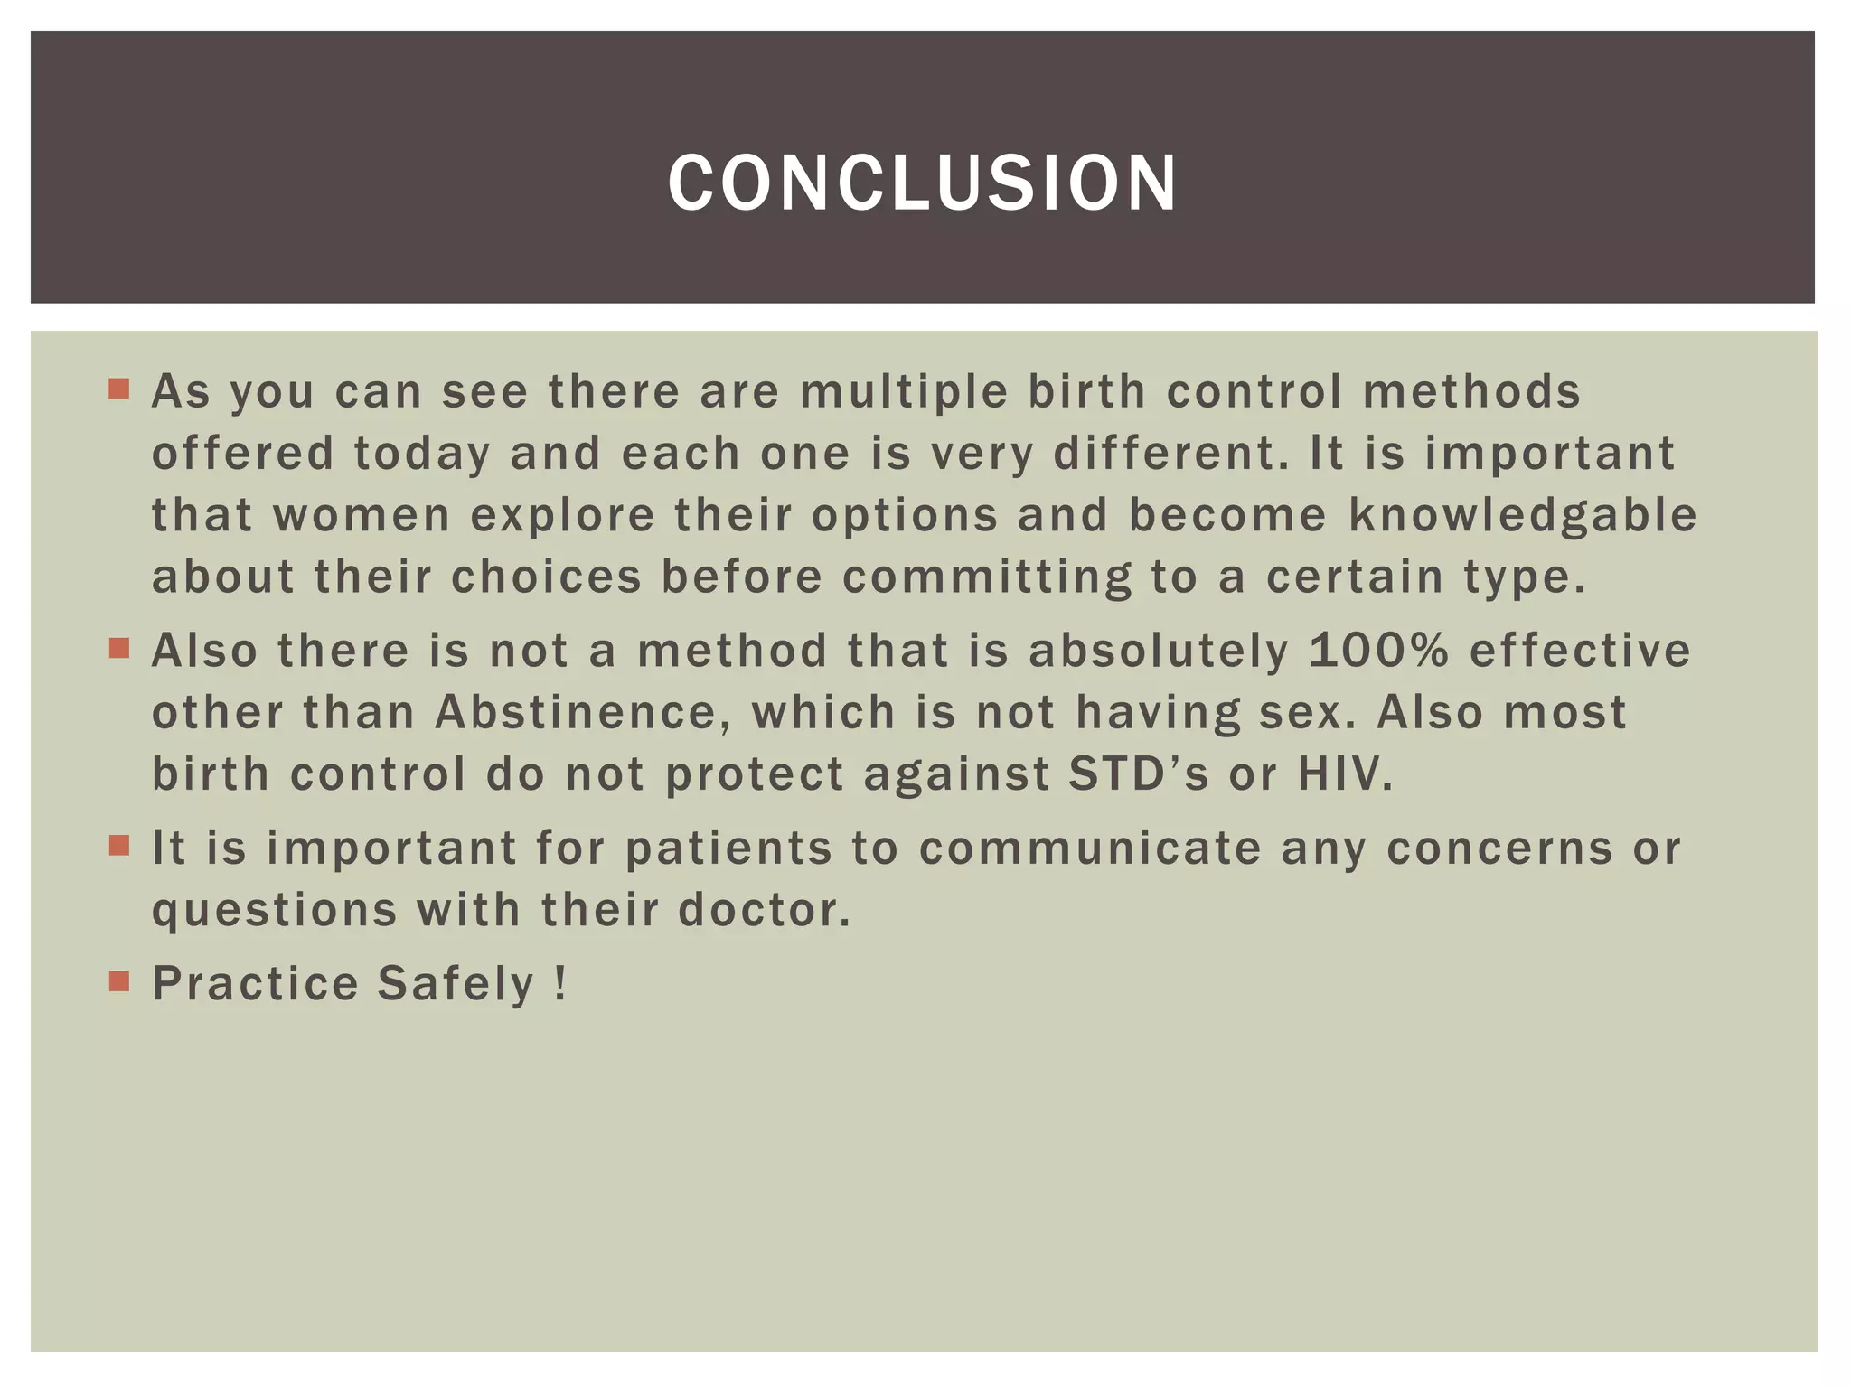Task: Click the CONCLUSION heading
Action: coord(923,183)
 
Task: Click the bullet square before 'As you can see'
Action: coord(119,389)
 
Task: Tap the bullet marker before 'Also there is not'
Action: coord(119,648)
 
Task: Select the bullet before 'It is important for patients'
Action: coord(119,845)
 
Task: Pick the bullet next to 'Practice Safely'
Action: coord(119,980)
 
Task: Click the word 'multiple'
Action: coord(903,392)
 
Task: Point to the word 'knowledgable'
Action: coord(1523,516)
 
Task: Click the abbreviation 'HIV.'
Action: coord(1346,774)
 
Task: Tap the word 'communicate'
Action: coord(1090,849)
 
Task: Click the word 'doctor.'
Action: coord(764,910)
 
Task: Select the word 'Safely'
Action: coord(456,984)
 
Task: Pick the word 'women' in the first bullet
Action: coord(362,516)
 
